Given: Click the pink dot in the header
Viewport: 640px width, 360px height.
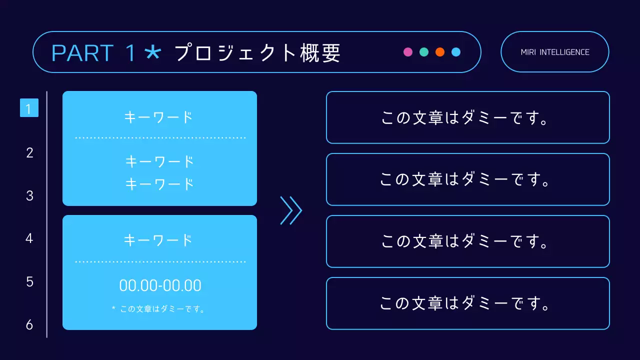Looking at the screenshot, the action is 408,52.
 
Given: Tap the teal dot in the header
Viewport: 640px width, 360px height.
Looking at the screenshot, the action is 424,52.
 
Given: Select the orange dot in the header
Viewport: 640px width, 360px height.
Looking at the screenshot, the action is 440,52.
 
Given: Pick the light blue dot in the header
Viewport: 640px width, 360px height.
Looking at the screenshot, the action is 456,52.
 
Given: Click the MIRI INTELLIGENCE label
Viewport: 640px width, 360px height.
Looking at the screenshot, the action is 555,52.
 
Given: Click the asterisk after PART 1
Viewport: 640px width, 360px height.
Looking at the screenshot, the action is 152,52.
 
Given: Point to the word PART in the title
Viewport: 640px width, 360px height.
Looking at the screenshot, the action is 82,53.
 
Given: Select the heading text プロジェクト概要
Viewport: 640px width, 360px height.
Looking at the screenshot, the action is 257,52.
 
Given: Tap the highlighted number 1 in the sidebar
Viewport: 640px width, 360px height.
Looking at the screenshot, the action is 29,108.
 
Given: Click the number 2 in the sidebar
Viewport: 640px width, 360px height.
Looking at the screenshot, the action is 29,153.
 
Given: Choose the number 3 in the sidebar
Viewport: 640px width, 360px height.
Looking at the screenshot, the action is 29,196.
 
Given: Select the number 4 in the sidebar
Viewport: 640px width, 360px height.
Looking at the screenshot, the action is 29,238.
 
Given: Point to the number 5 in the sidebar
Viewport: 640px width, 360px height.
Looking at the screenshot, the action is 29,282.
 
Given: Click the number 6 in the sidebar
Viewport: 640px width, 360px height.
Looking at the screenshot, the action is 29,325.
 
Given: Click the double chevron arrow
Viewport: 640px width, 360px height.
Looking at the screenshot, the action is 291,210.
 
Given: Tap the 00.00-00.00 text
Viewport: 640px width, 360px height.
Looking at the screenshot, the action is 160,285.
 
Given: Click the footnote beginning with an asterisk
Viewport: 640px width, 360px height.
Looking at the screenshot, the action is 158,309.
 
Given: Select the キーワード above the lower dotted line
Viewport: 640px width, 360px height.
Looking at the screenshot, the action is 158,240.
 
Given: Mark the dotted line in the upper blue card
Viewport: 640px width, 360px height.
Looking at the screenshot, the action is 160,137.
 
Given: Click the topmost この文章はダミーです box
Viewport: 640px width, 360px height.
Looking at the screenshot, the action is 467,117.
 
